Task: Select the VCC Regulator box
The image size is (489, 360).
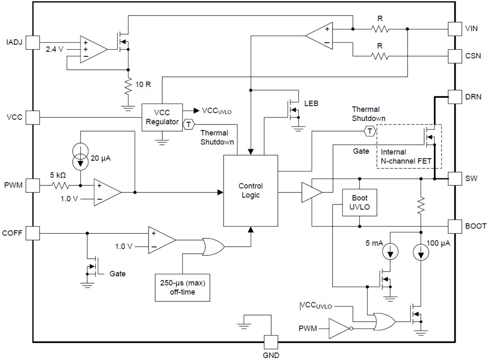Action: (162, 117)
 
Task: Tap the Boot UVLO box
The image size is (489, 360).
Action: (360, 202)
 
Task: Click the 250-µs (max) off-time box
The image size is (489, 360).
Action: (182, 287)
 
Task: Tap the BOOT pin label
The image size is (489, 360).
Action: (476, 226)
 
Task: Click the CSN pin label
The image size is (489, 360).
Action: (473, 56)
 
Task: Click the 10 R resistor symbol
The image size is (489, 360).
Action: (128, 88)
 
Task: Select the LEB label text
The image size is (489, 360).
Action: (311, 104)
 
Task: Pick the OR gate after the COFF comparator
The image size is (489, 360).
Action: (213, 246)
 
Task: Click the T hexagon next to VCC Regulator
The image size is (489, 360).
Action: (188, 124)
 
